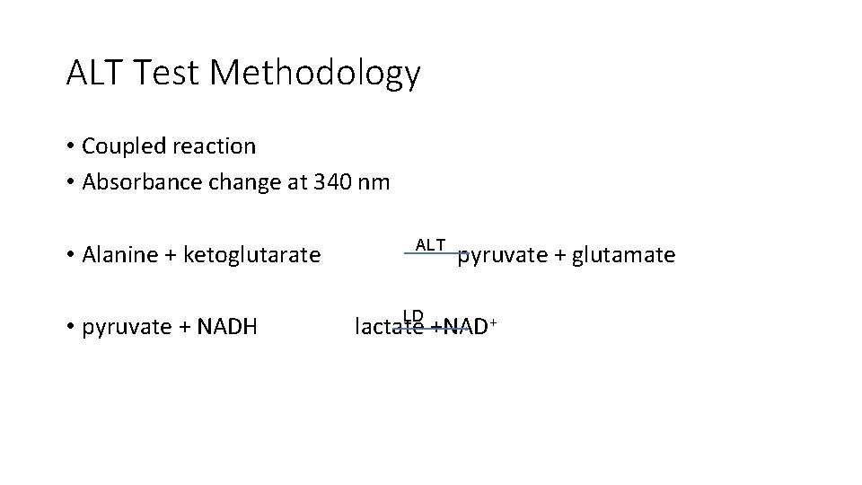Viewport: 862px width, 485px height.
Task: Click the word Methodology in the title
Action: click(315, 74)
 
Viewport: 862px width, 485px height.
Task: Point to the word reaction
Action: click(214, 145)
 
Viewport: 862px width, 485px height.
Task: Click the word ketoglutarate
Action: click(251, 255)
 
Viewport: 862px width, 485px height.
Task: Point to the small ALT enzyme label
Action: click(430, 245)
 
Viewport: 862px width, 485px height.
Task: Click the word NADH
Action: click(227, 326)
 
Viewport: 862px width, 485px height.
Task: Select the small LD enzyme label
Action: click(413, 315)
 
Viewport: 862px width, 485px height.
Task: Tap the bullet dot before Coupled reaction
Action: click(69, 145)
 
